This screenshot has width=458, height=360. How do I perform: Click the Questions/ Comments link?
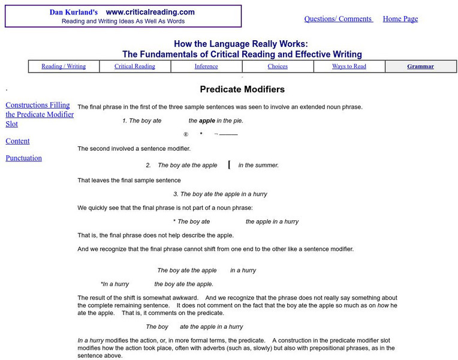[338, 19]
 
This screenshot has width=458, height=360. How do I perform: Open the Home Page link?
[400, 19]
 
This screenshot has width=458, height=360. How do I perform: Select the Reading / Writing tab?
[64, 67]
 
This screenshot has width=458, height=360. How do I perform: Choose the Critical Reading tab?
[135, 67]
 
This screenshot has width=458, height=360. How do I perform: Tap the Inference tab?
[206, 67]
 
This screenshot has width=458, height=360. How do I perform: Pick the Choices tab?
[278, 67]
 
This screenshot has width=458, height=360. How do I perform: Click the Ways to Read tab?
[349, 67]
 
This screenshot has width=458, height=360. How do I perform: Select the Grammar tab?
[420, 67]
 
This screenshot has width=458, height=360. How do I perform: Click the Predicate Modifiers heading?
[242, 89]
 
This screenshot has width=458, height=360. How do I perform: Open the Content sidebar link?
[17, 141]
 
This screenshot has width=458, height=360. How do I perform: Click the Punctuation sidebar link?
[23, 158]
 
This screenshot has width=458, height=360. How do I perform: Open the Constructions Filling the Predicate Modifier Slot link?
[40, 114]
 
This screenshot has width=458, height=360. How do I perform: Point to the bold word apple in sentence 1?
[207, 121]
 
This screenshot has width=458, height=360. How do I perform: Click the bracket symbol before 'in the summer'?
[229, 165]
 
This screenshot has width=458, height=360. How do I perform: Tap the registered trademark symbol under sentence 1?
[186, 134]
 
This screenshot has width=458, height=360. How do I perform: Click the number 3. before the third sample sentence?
[176, 194]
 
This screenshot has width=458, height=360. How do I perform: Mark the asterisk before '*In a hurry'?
[103, 284]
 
